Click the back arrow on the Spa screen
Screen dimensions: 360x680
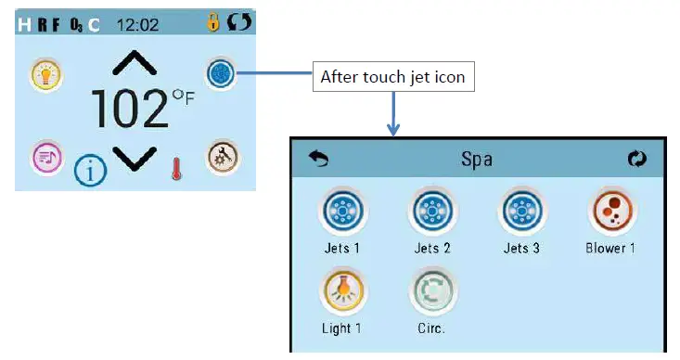coord(319,159)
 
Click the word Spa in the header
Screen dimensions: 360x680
coord(477,159)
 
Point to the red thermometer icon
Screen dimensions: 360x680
coord(175,168)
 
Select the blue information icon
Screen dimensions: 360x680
coord(90,169)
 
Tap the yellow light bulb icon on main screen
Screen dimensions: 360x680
coord(45,73)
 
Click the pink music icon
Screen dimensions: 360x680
coord(45,157)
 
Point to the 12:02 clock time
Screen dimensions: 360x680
coord(137,24)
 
